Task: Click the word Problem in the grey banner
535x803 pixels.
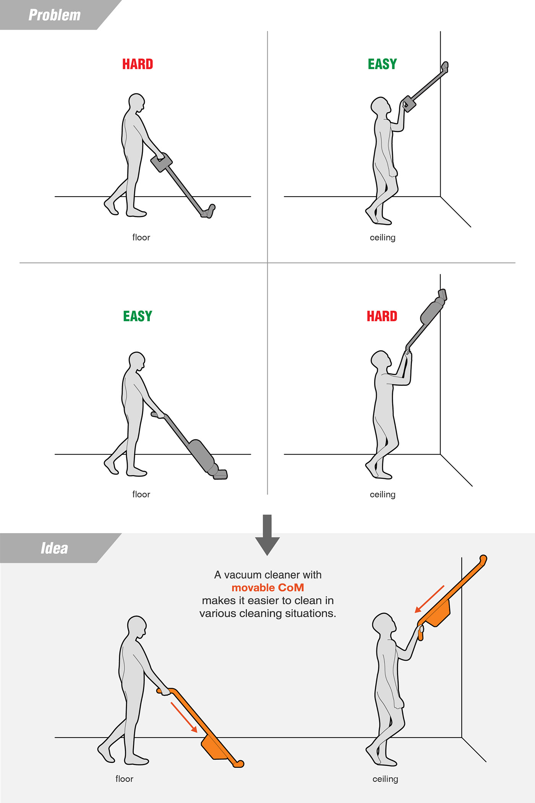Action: [x=55, y=15]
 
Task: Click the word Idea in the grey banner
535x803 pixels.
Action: [x=54, y=548]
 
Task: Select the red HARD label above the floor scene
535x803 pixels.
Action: [x=138, y=64]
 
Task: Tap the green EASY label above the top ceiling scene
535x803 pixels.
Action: [x=382, y=64]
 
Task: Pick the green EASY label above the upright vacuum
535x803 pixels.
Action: [x=138, y=316]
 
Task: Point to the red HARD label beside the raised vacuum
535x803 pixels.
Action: [x=382, y=316]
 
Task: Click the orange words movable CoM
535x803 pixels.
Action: [x=267, y=588]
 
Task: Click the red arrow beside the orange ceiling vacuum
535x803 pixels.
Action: [x=430, y=599]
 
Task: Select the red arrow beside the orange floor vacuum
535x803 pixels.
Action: [x=184, y=717]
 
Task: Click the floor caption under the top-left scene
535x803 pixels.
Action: [x=141, y=237]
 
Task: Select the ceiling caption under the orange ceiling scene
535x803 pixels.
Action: [x=385, y=779]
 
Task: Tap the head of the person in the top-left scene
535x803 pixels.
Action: [x=136, y=102]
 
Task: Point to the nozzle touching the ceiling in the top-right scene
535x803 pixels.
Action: [x=445, y=67]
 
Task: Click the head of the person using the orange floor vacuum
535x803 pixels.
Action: [x=136, y=627]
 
